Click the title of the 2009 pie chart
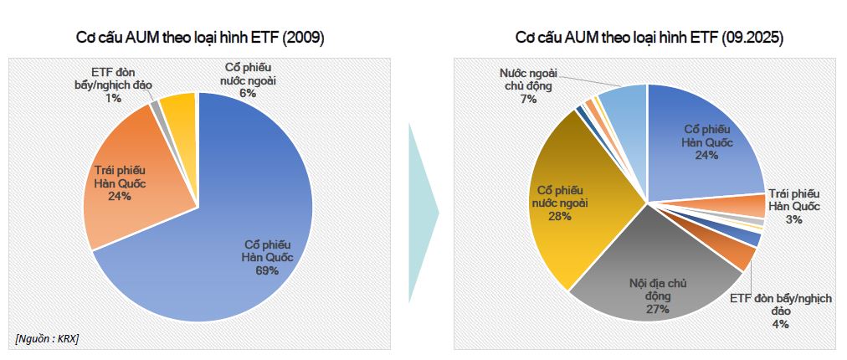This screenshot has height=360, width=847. click(x=201, y=38)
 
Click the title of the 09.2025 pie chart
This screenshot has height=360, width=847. click(x=649, y=38)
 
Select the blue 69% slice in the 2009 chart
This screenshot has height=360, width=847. click(x=251, y=209)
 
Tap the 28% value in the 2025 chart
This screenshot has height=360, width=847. click(x=560, y=216)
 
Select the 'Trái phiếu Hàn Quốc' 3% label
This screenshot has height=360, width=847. click(x=793, y=207)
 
